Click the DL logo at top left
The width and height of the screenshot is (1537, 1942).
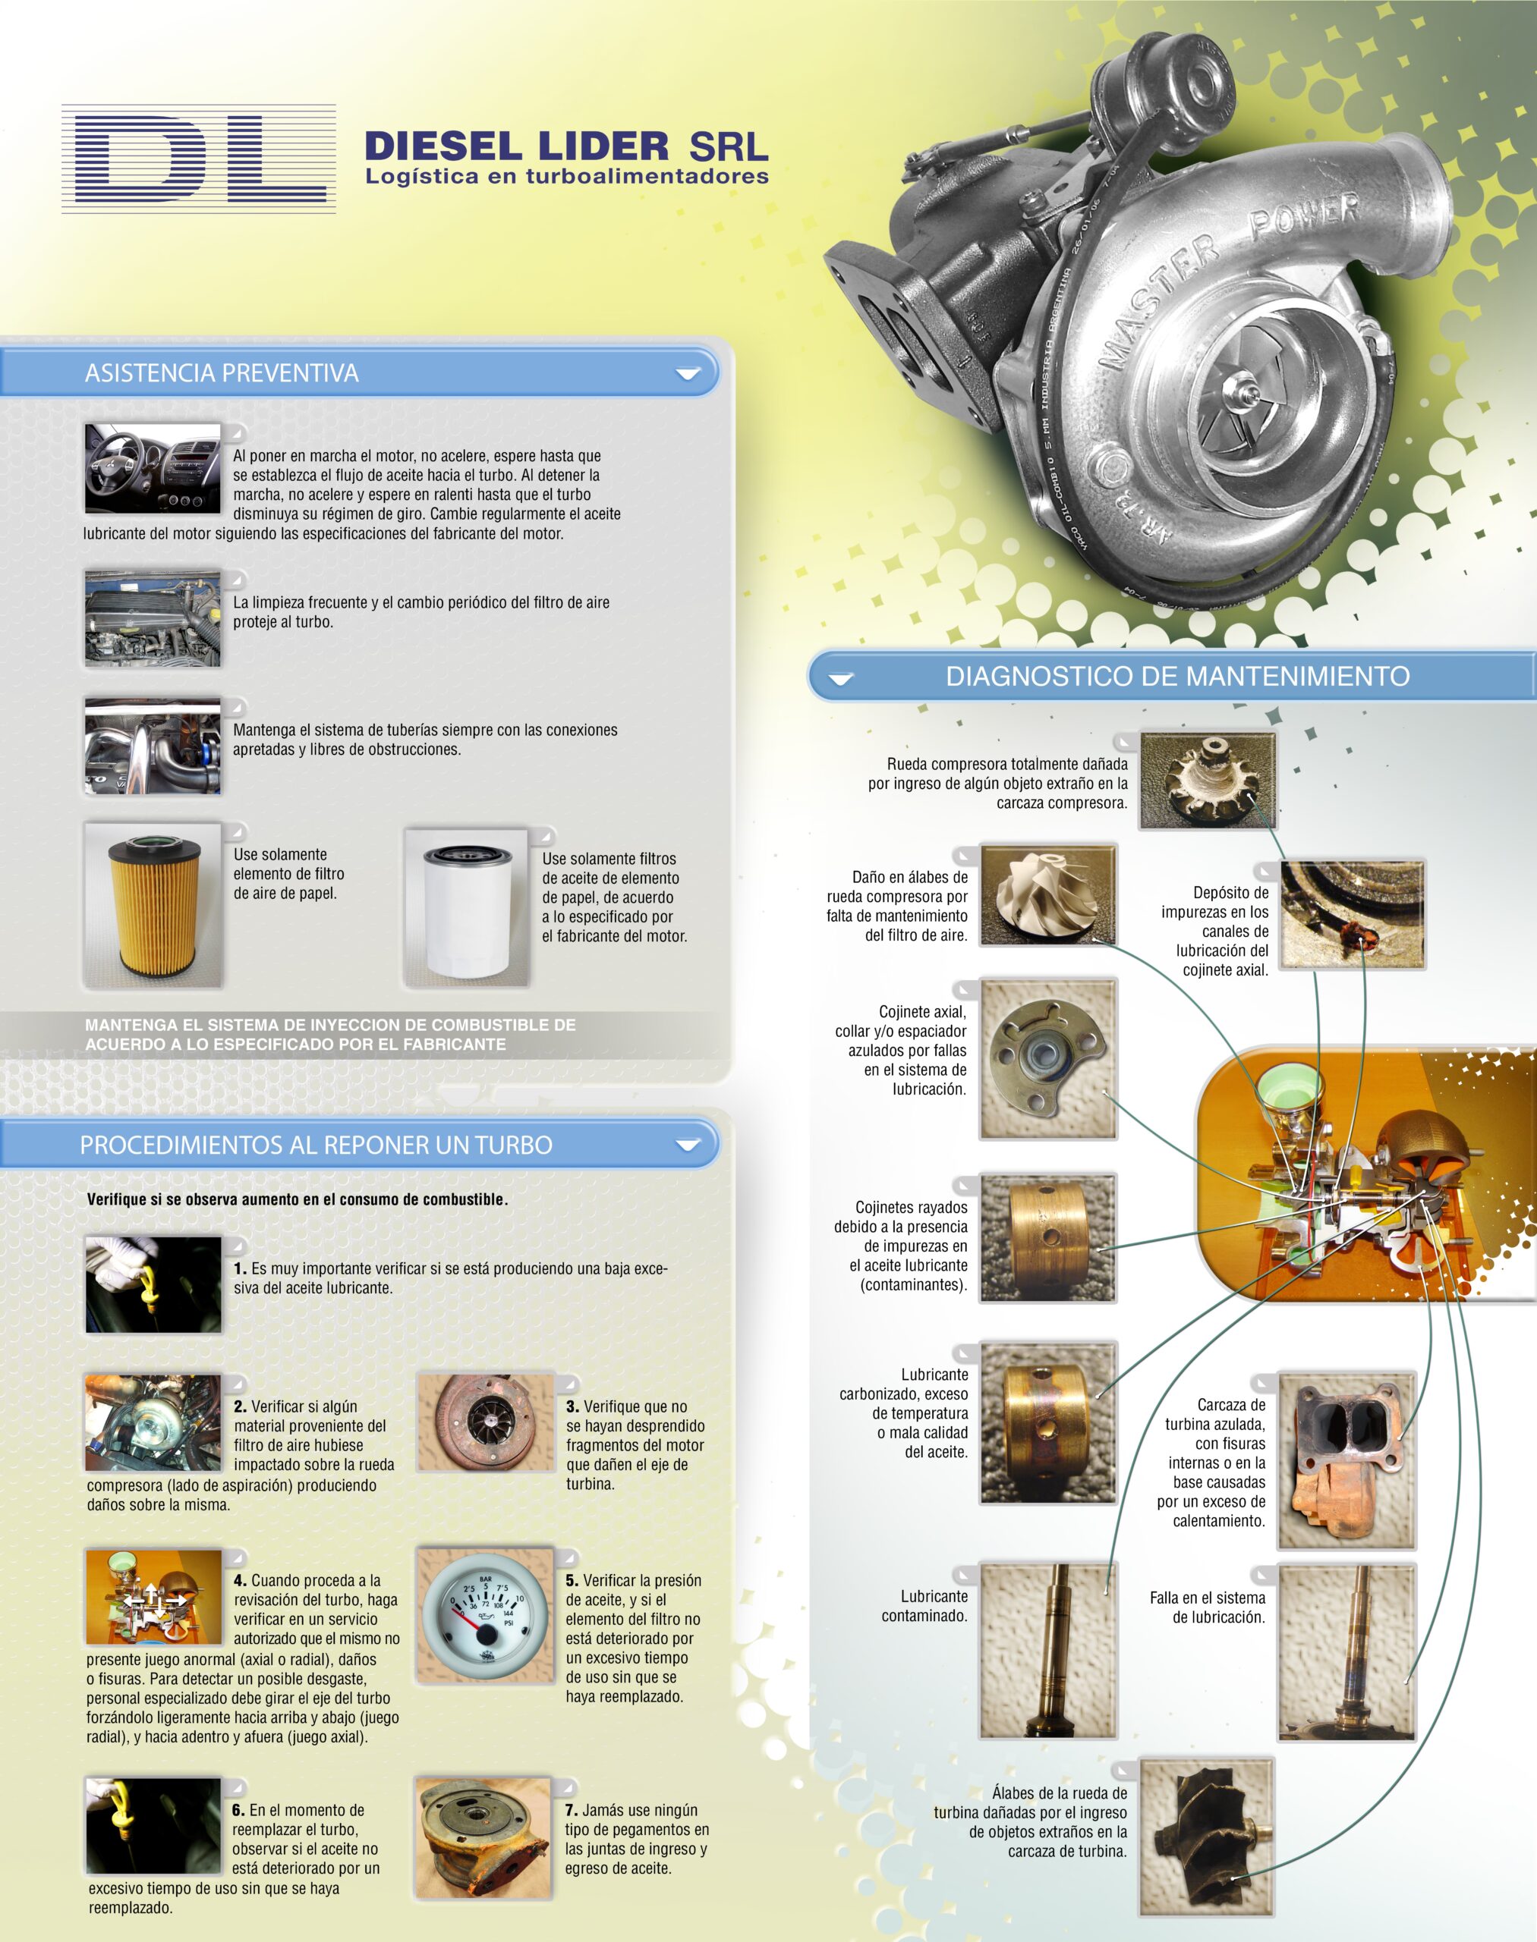(x=198, y=159)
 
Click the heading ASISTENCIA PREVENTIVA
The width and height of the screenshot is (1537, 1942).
(x=222, y=373)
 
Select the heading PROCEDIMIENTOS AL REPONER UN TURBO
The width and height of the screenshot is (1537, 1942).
(x=316, y=1145)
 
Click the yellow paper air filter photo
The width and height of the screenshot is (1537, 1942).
(x=152, y=906)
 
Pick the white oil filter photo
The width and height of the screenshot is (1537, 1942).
(x=466, y=909)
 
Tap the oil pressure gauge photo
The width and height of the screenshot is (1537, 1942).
(x=485, y=1614)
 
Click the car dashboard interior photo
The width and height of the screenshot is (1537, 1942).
(x=152, y=469)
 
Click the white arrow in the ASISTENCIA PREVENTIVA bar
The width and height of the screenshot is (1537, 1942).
(x=688, y=373)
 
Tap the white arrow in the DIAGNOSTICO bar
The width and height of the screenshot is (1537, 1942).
(x=840, y=679)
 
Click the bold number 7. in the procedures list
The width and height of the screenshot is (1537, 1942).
(x=572, y=1810)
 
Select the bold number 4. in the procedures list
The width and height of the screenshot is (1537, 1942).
(x=239, y=1580)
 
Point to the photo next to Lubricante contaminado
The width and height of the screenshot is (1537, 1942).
(x=1047, y=1651)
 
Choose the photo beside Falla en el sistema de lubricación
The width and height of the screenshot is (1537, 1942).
(x=1346, y=1652)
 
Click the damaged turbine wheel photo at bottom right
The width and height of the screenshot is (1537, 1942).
(x=1207, y=1837)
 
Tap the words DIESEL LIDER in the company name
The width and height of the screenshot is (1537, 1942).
(x=517, y=146)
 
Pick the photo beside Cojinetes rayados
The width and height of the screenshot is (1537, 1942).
(x=1047, y=1238)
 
